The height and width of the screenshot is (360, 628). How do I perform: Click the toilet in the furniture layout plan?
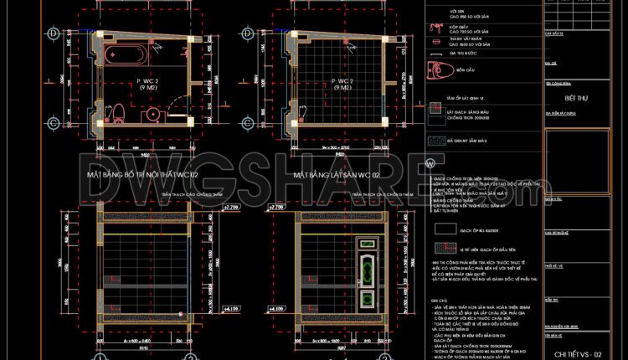click(119, 112)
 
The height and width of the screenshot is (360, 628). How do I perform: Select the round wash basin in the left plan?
click(153, 113)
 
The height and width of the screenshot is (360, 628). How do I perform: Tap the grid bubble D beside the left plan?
click(54, 33)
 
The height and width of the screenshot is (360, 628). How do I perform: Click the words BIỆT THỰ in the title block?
click(573, 95)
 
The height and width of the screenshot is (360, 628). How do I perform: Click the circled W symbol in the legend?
click(430, 162)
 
